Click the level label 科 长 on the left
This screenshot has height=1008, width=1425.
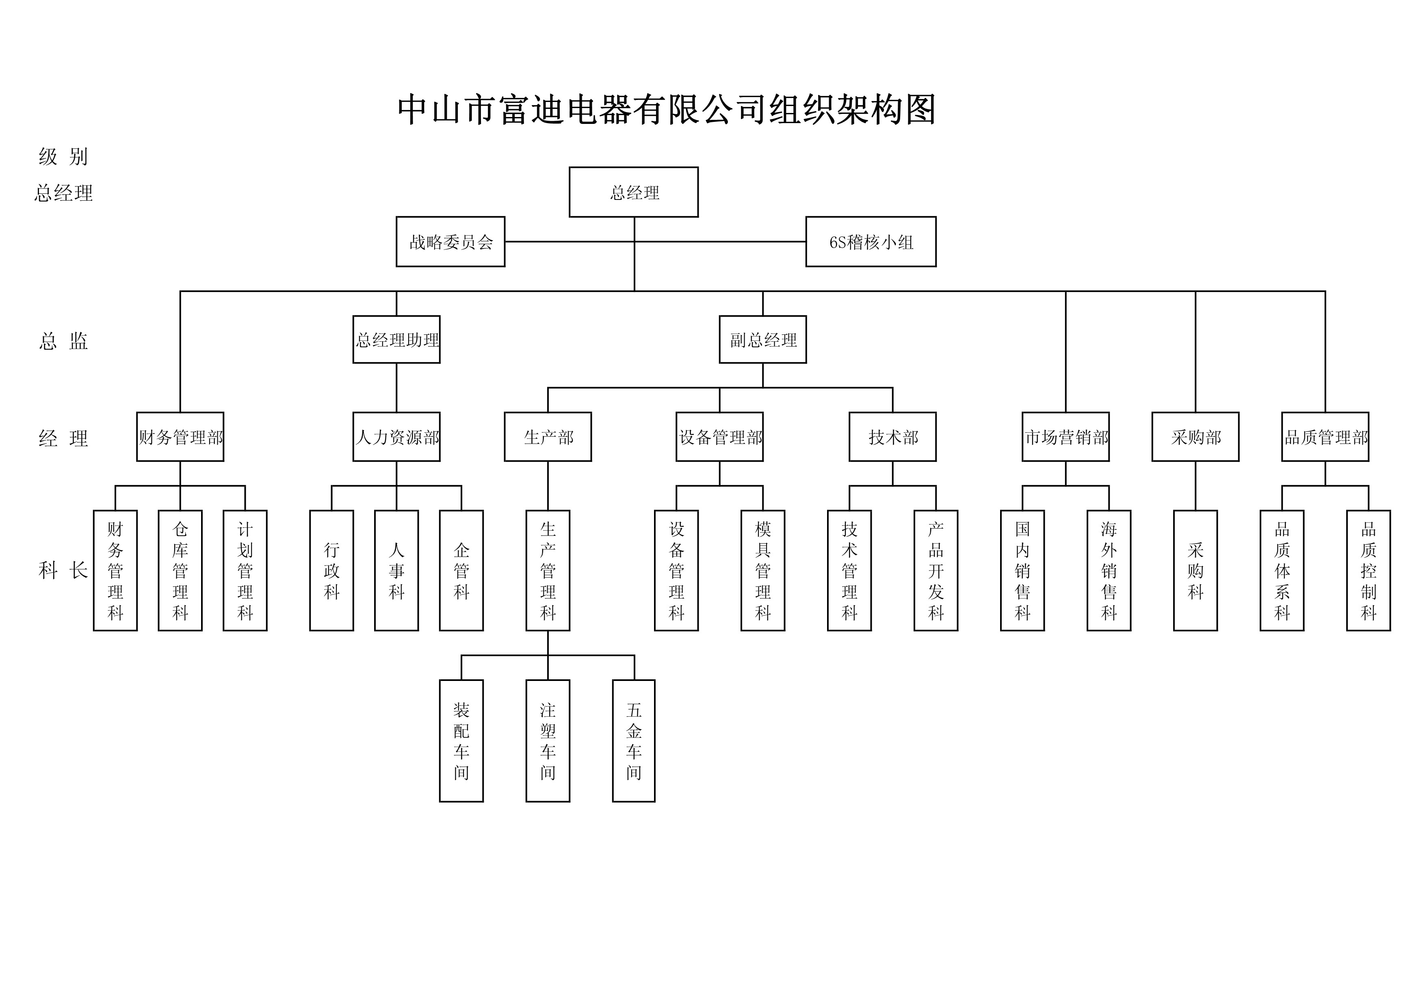click(x=63, y=570)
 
